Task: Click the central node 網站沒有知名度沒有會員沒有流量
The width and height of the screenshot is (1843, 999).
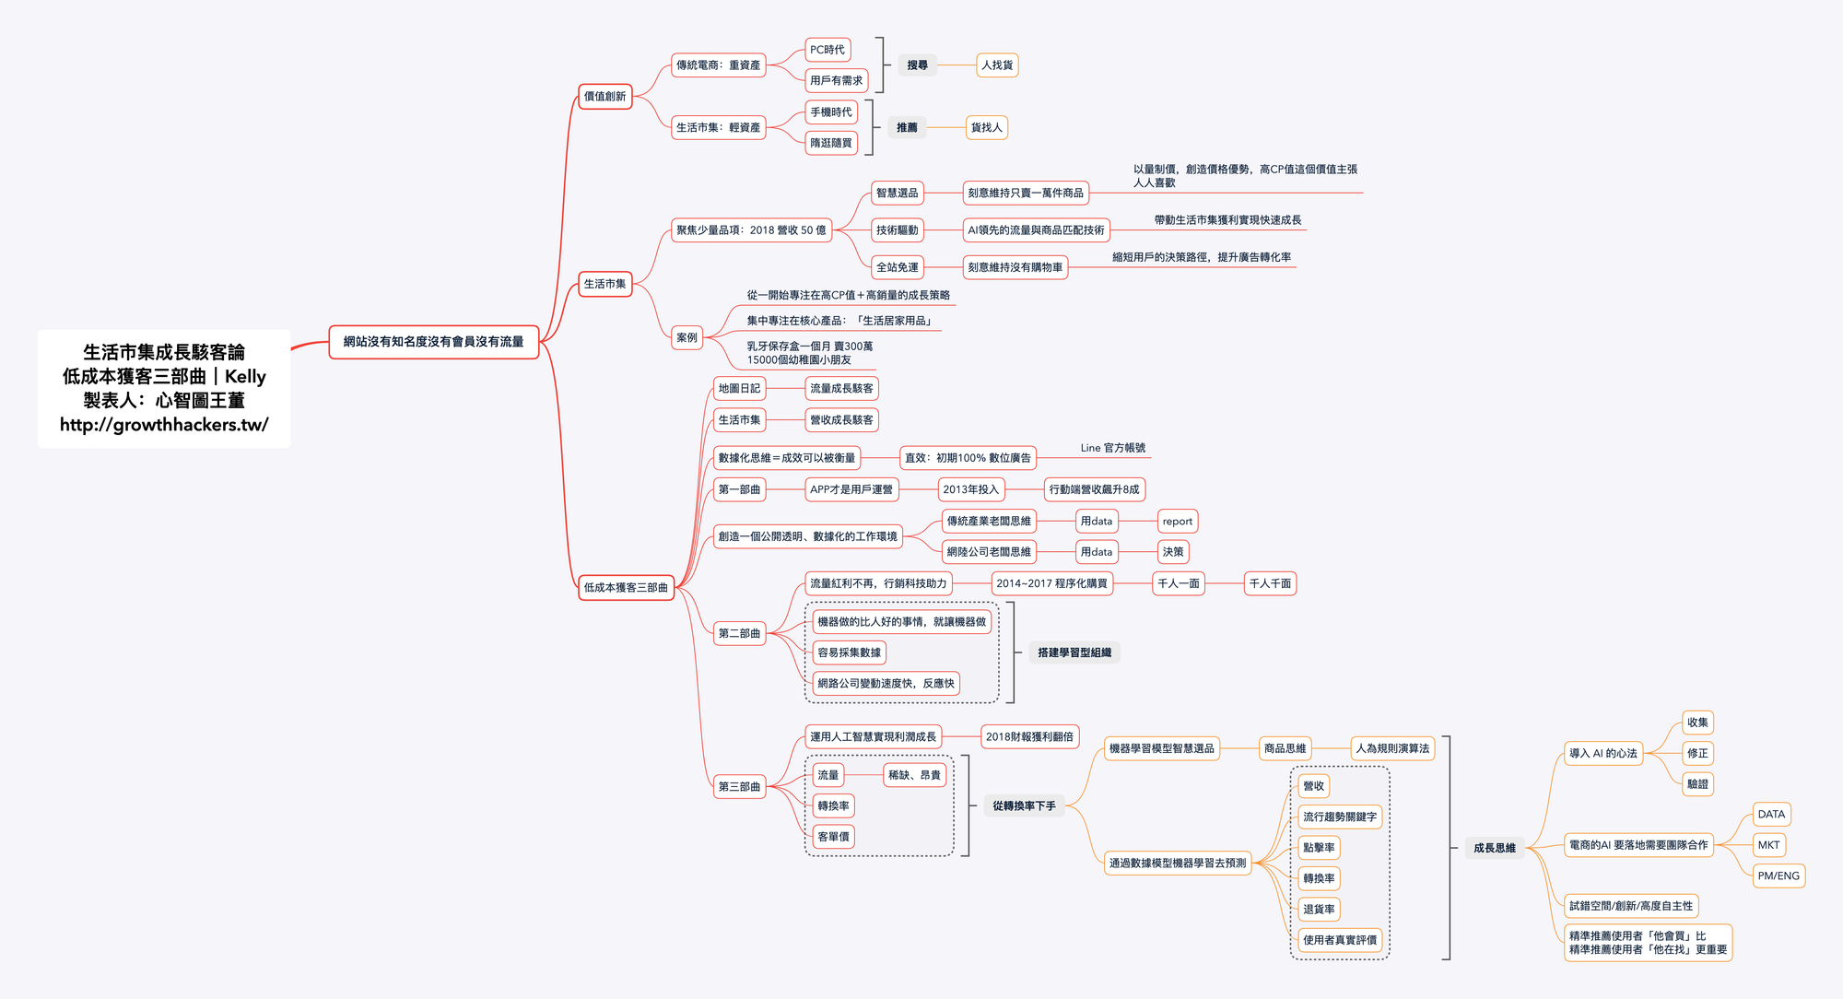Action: click(433, 342)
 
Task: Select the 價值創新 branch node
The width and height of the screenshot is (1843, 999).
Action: click(605, 97)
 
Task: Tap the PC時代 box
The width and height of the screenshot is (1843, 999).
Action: click(827, 50)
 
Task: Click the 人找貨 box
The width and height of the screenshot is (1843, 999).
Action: click(997, 65)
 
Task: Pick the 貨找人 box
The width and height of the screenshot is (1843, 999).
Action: click(986, 127)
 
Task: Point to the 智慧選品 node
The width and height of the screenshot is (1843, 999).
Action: click(897, 193)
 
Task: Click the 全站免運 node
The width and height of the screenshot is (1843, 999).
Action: click(897, 267)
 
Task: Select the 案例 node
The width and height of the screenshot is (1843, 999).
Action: click(687, 337)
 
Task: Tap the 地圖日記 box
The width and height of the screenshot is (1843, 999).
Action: click(739, 389)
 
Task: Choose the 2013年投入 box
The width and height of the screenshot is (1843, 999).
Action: click(970, 489)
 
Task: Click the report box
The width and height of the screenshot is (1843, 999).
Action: click(1177, 522)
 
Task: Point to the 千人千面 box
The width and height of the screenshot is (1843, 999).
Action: click(1270, 583)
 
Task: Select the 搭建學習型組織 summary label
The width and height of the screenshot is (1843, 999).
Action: click(1074, 652)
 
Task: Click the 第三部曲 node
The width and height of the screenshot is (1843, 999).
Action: click(739, 787)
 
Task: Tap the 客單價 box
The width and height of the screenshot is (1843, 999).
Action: click(833, 837)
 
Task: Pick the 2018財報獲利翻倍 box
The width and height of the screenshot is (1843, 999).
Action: click(1029, 737)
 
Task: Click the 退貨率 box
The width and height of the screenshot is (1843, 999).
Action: click(1319, 910)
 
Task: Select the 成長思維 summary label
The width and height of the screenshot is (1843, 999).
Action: click(1494, 848)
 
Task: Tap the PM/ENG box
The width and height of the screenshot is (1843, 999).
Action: click(1778, 876)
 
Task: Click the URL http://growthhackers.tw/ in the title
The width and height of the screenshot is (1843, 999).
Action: click(164, 425)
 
